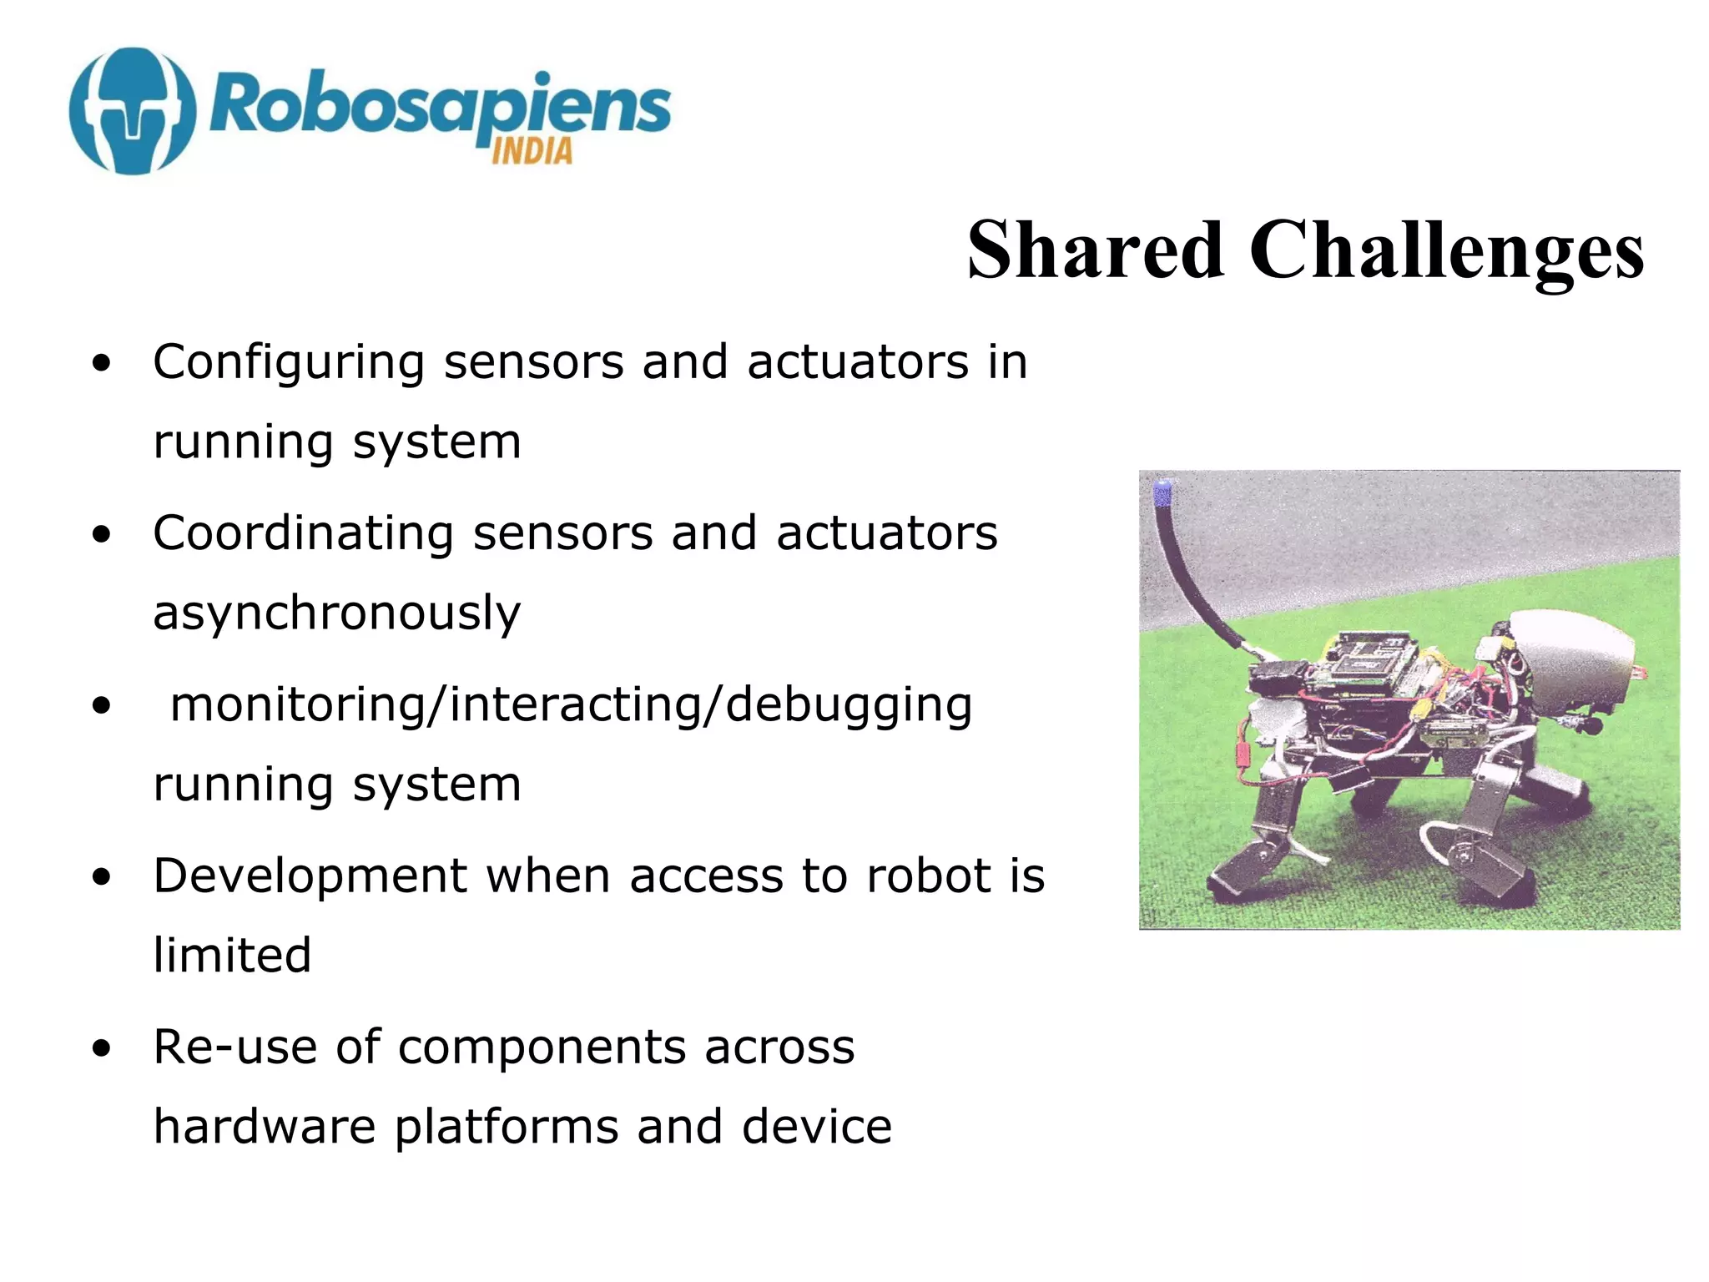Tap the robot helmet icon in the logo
point(134,110)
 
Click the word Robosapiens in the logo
point(439,107)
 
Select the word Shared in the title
point(1095,250)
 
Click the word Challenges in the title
point(1446,250)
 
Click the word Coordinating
point(303,534)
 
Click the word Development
point(310,876)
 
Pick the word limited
point(232,956)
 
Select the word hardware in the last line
point(265,1127)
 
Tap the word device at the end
point(817,1127)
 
